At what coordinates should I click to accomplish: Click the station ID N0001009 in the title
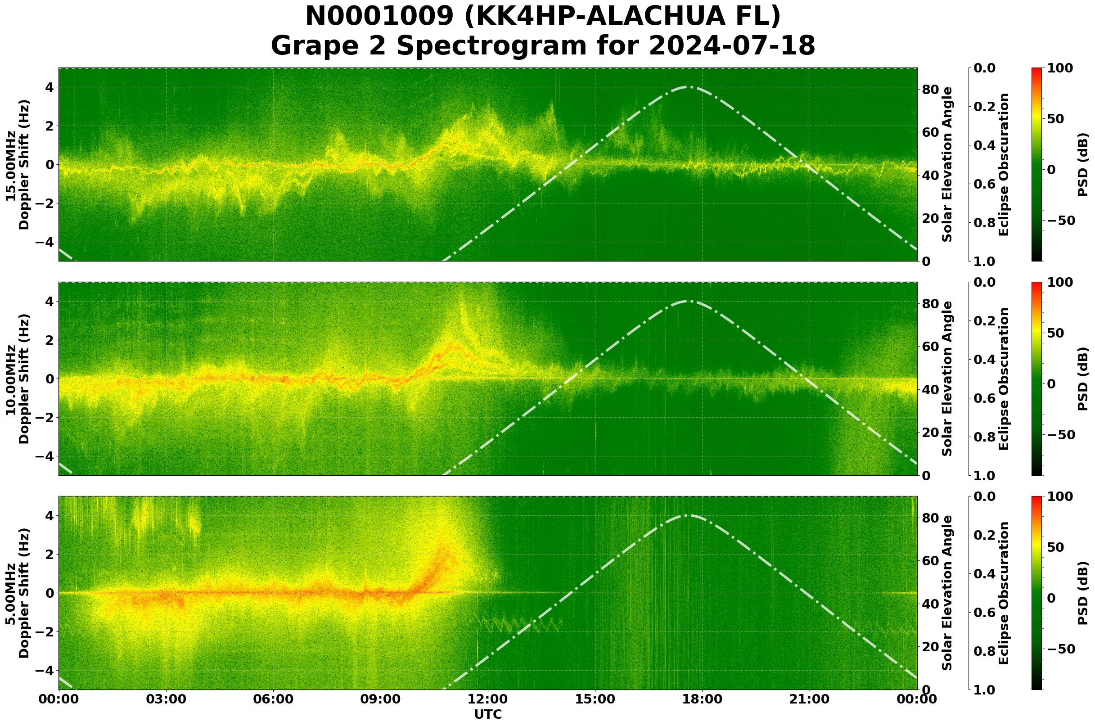click(x=379, y=17)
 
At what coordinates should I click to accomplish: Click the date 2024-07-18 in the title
click(x=731, y=46)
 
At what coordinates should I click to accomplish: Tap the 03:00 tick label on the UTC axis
click(x=166, y=699)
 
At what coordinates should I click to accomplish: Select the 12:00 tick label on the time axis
click(x=488, y=699)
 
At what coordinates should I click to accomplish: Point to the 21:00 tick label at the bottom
click(x=810, y=699)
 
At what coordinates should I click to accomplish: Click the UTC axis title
click(x=488, y=715)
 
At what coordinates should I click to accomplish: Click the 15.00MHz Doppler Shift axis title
click(x=17, y=165)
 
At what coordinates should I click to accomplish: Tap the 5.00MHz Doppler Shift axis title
click(x=17, y=593)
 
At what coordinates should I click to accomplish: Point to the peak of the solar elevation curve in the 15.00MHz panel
click(x=689, y=86)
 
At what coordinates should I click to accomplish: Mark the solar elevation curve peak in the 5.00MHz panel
click(x=689, y=515)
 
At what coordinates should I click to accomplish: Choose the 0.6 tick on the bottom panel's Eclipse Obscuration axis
click(x=987, y=613)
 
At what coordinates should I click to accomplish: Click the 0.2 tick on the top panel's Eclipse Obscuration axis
click(x=987, y=107)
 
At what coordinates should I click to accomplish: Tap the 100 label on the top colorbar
click(x=1060, y=68)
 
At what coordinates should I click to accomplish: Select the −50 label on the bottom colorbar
click(x=1061, y=649)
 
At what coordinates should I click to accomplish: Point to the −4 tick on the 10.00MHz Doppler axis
click(x=45, y=456)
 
